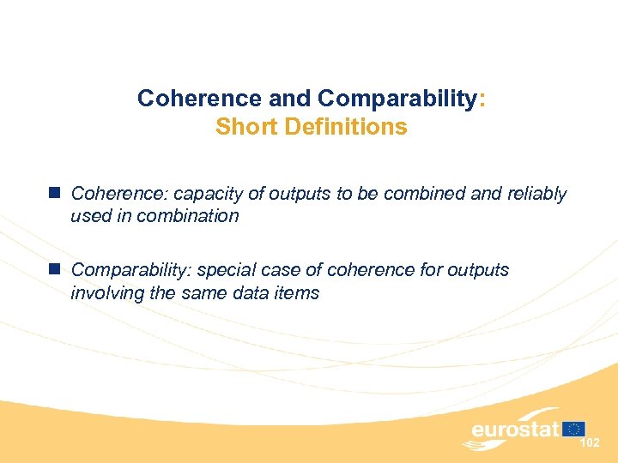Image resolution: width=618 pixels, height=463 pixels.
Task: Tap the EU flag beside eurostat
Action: (x=574, y=429)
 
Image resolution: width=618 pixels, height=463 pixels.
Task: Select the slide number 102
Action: (x=590, y=442)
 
